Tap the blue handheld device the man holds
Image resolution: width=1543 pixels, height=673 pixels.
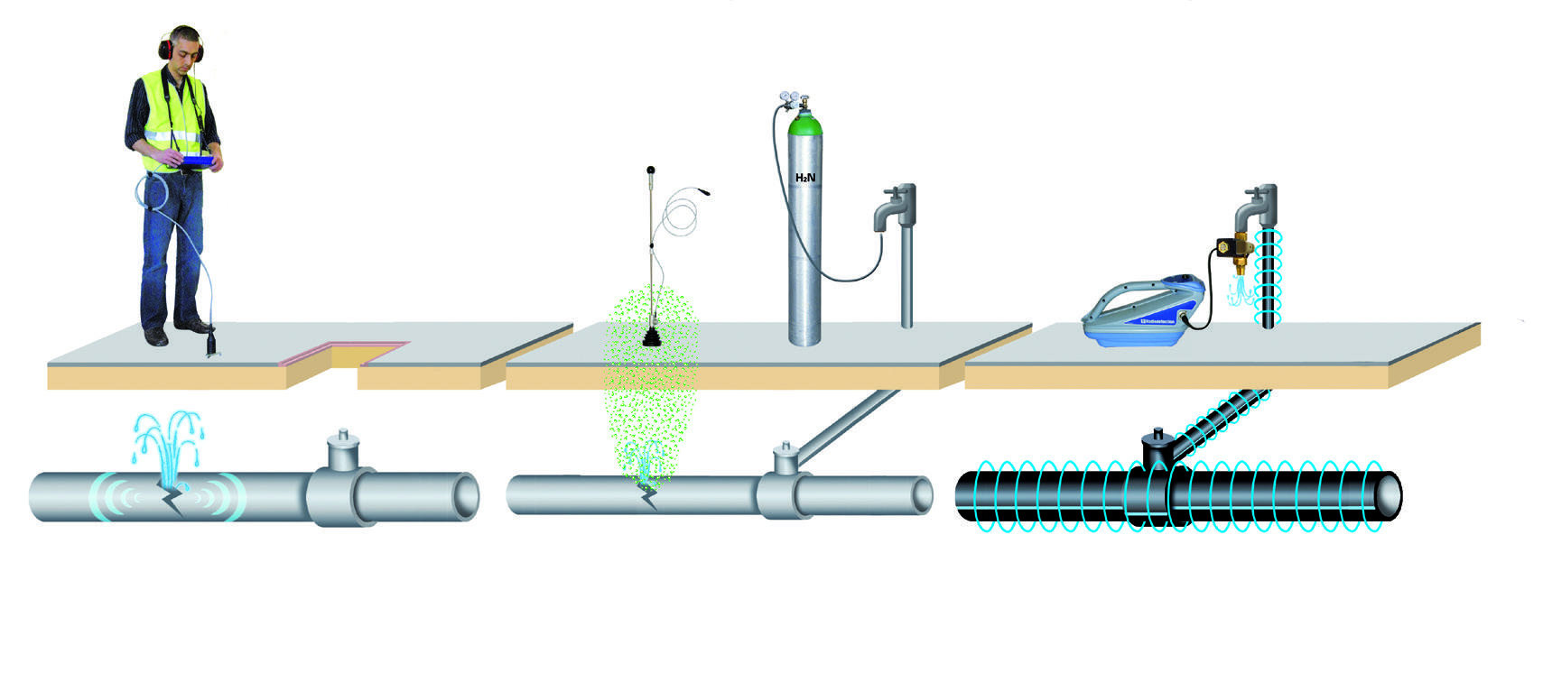point(198,161)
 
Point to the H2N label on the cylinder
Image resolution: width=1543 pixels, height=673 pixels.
point(804,178)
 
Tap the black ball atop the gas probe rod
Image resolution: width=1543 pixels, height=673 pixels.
point(650,169)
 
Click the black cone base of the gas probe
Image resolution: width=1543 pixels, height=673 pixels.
point(650,339)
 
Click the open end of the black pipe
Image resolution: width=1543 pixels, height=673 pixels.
point(1389,495)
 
